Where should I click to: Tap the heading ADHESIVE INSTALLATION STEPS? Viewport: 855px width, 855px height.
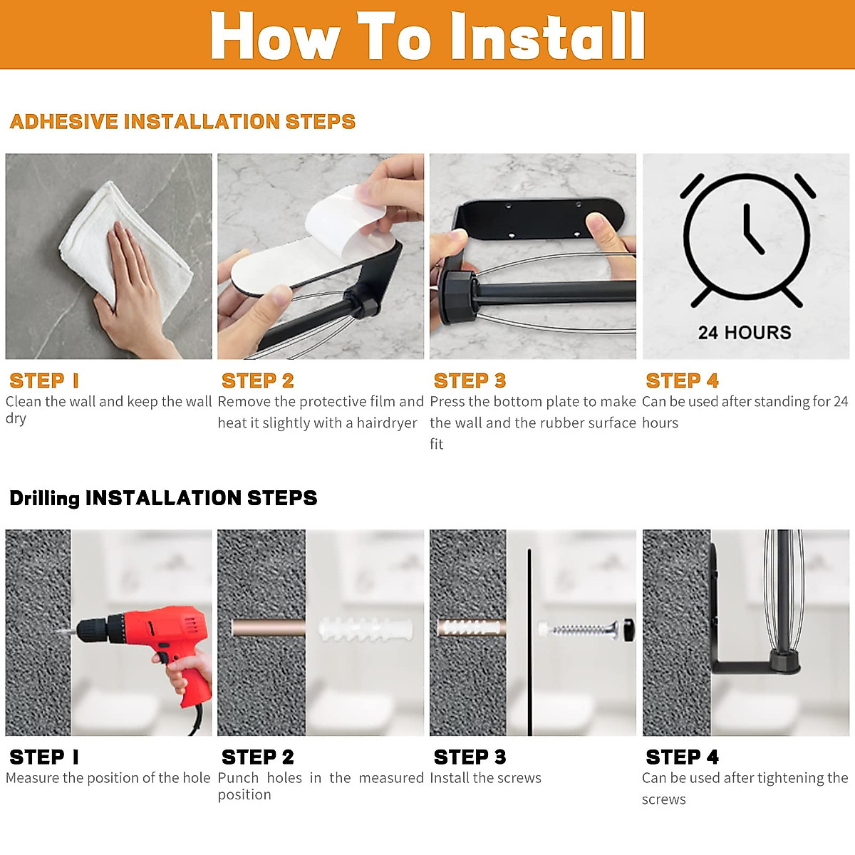tap(182, 122)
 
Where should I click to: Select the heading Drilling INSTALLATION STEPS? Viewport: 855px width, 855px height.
tap(163, 498)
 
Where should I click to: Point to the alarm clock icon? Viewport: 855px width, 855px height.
tap(746, 239)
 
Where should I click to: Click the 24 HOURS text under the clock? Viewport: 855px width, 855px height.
tap(745, 333)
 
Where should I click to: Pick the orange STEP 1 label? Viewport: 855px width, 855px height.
tap(44, 380)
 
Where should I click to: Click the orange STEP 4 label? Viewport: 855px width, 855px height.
tap(682, 380)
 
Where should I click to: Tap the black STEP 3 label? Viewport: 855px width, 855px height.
tap(470, 757)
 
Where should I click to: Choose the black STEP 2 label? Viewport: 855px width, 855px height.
tap(257, 757)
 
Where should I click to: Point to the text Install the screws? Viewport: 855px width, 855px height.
tap(485, 778)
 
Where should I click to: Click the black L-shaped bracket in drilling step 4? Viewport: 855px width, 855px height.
tap(741, 666)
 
